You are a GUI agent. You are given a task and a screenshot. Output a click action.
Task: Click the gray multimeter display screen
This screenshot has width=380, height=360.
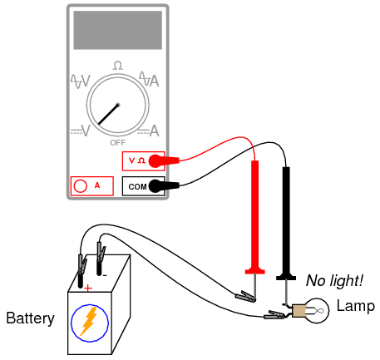[118, 30]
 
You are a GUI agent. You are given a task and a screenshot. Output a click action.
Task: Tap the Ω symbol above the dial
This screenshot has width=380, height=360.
[118, 66]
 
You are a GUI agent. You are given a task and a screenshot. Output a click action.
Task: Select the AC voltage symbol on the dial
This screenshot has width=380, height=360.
[81, 81]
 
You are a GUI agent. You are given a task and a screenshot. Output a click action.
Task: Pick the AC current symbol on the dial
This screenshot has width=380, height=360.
[149, 79]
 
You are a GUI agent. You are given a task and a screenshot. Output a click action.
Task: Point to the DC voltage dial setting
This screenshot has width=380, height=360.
[81, 131]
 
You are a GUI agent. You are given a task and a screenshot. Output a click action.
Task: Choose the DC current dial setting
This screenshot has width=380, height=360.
[149, 131]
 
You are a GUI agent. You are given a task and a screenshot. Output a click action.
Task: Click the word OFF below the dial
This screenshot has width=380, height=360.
[118, 143]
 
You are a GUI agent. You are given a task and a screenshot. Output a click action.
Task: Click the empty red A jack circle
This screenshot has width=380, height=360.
[81, 186]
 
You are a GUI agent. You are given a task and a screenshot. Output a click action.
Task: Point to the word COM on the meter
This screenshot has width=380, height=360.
[137, 186]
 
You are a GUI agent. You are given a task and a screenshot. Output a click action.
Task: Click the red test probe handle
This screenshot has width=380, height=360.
[255, 217]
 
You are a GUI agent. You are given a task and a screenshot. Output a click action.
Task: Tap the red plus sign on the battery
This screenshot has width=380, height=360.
[88, 288]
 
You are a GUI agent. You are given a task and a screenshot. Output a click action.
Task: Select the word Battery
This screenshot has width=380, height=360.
[30, 318]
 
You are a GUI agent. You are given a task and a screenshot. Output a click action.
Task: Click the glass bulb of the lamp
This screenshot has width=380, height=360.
[317, 310]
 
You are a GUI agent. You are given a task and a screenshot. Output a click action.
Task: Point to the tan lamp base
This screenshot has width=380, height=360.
[299, 311]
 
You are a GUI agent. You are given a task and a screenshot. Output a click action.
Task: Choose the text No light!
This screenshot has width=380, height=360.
[334, 280]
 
